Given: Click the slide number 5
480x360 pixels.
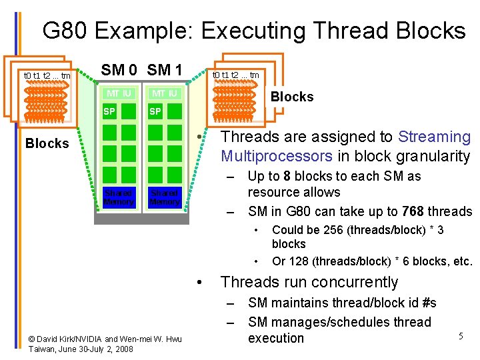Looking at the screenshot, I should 460,337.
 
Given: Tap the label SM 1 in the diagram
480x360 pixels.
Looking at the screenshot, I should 165,69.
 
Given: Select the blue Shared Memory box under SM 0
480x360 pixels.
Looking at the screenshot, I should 119,197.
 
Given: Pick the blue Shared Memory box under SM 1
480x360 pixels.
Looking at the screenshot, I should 164,197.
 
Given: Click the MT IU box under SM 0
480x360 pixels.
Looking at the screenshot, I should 119,93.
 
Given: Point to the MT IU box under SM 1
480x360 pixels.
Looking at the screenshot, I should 164,93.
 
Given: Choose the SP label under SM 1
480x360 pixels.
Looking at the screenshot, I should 155,111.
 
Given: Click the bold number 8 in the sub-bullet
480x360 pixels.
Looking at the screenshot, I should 287,177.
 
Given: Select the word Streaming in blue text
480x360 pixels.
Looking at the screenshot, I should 434,137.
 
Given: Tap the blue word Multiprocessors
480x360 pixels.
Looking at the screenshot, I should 276,156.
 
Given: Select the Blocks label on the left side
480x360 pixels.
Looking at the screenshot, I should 47,143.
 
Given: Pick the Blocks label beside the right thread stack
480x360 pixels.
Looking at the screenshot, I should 291,97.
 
